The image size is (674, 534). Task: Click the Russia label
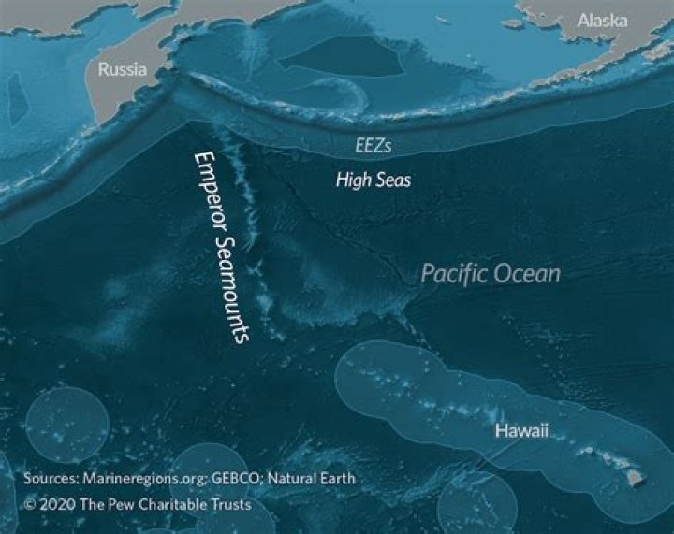[123, 68]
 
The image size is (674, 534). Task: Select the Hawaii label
[522, 431]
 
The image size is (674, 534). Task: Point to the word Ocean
[529, 274]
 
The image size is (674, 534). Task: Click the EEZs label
[372, 146]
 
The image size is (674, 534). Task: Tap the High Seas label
[373, 180]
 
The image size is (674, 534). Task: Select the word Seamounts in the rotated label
[231, 289]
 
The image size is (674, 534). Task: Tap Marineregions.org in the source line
[151, 479]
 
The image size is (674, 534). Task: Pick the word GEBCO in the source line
[235, 479]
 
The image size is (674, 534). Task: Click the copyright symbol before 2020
[31, 503]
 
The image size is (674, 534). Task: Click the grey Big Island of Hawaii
[637, 478]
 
